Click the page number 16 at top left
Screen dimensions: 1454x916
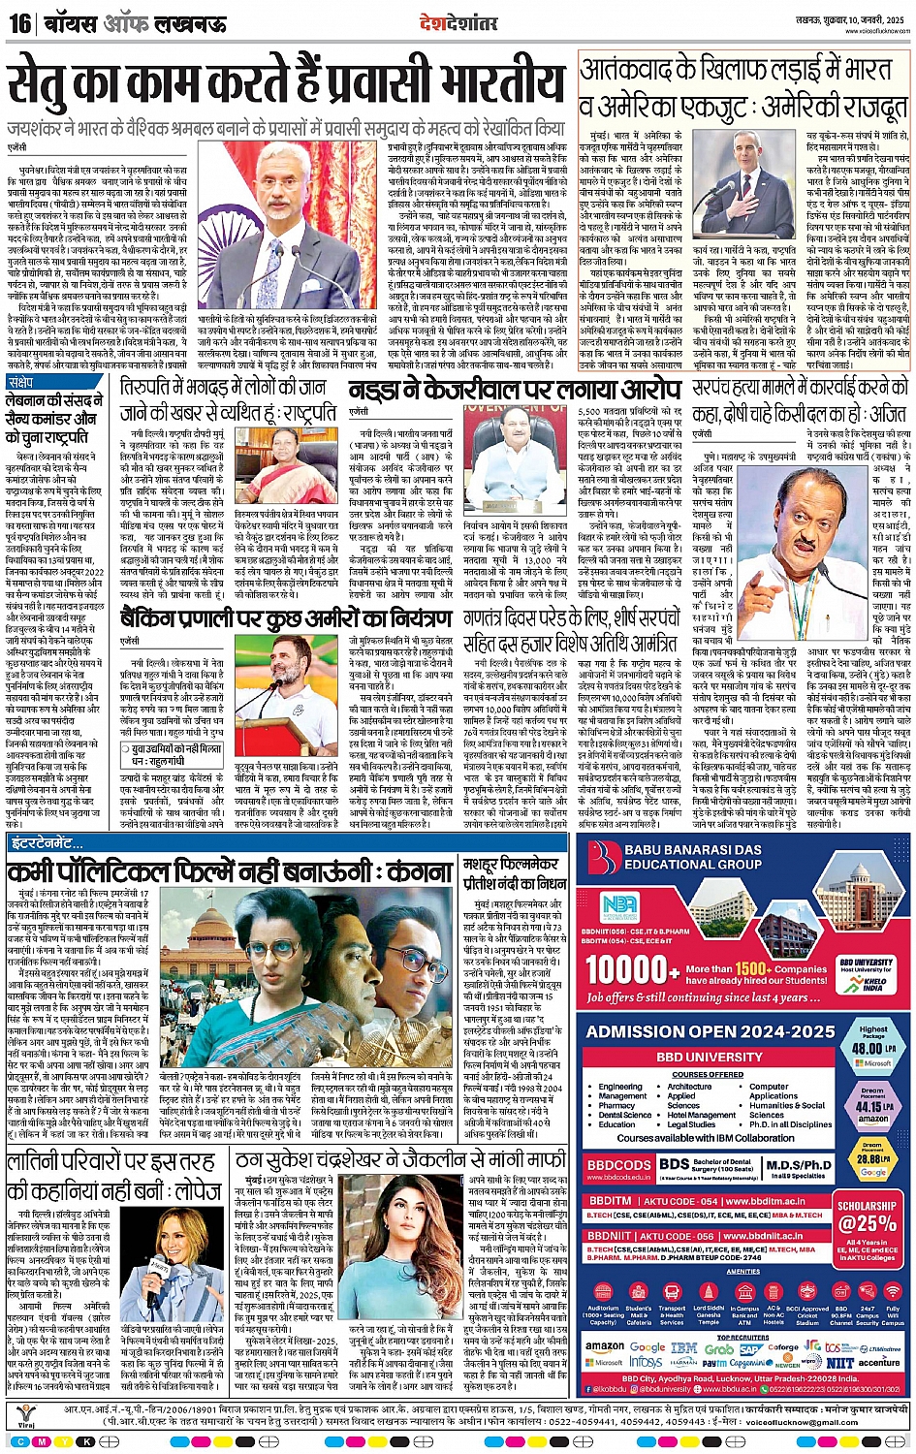(19, 22)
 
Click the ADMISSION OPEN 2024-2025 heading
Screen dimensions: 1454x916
(711, 1032)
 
